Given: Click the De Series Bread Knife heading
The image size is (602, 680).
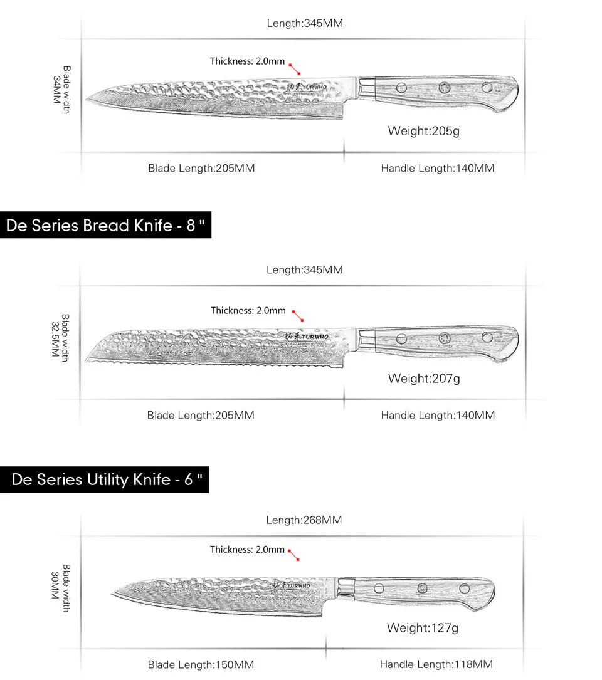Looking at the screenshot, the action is [x=105, y=225].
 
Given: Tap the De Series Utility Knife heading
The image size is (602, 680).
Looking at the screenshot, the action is [x=107, y=480].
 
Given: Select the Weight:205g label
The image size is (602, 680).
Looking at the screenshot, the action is [x=424, y=131].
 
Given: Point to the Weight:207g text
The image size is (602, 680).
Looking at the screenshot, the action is [x=424, y=378].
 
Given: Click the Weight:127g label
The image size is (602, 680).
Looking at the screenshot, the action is [x=423, y=627].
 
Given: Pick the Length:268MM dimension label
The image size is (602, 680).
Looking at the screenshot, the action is [x=304, y=520].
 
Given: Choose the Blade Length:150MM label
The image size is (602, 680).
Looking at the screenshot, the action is [x=201, y=664].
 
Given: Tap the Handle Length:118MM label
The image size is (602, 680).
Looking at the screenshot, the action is [x=436, y=664].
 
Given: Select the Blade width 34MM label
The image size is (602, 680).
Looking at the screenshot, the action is [x=61, y=89].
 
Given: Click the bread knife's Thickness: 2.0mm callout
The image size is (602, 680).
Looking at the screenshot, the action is [x=248, y=310].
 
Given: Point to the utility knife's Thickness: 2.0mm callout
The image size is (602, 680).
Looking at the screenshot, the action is [x=247, y=550].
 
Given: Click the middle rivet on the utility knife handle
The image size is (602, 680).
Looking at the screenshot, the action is [x=423, y=588].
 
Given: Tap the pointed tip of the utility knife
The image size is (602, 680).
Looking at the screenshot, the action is [x=113, y=591].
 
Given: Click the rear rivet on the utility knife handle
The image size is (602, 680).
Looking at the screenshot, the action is [x=464, y=588].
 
